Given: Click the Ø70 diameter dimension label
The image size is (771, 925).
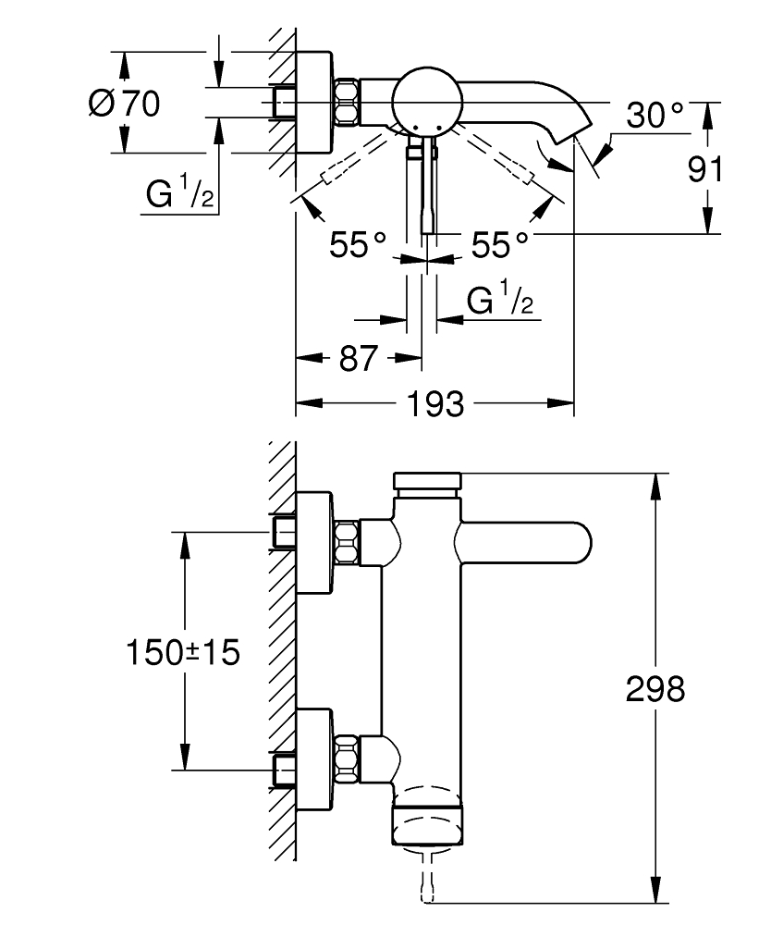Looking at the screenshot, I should coord(124,103).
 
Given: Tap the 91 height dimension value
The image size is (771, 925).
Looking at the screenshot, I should coord(706,169).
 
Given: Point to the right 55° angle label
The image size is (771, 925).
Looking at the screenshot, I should coord(500,245).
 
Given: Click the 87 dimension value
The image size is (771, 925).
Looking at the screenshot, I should coord(358,359).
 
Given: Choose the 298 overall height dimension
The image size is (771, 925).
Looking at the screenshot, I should coord(655,688).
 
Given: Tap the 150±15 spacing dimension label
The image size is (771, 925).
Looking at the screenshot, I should coord(182,652).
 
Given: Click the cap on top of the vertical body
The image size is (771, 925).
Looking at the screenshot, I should coord(426,482).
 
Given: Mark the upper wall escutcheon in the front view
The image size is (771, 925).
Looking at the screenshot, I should coord(313,541).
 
